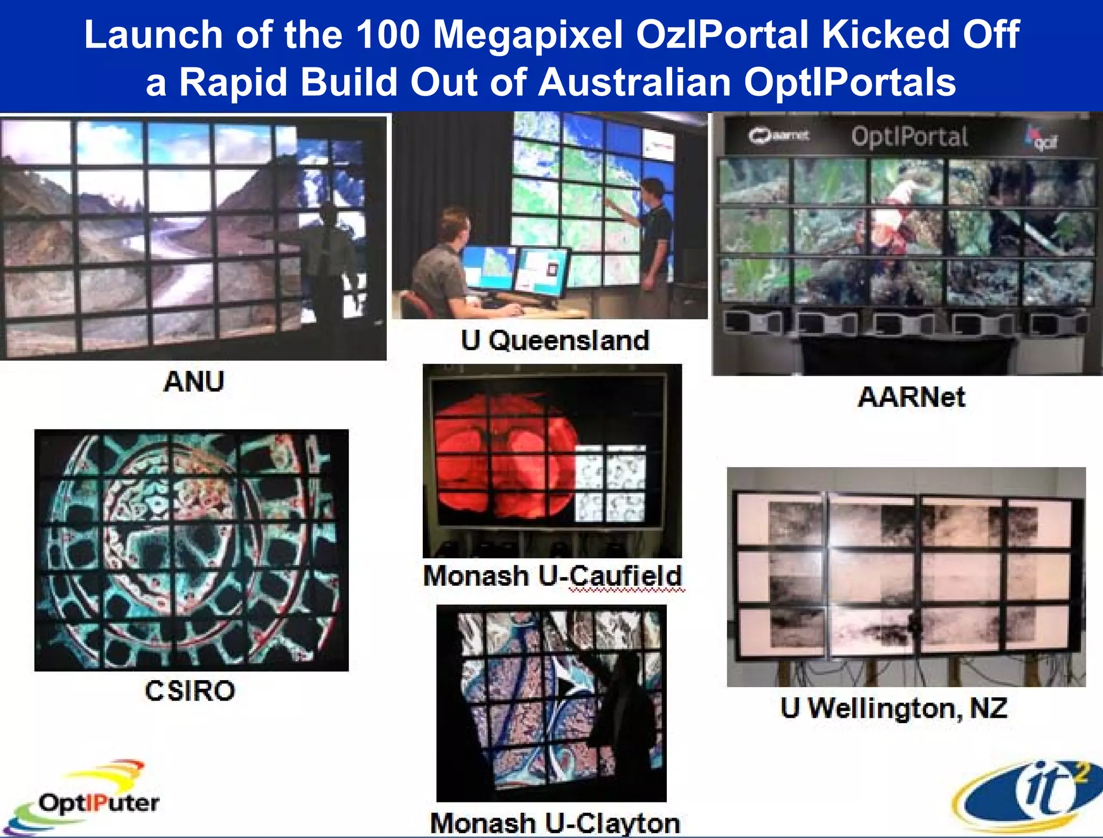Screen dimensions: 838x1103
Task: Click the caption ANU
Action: (x=193, y=382)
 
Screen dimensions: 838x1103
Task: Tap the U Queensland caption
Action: (x=555, y=341)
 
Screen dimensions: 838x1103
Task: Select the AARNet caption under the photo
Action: (x=911, y=397)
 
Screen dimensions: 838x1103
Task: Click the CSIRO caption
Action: (x=190, y=691)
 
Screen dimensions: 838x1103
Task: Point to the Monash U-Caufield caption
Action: (x=553, y=576)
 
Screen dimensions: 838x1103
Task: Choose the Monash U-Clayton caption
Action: (x=555, y=823)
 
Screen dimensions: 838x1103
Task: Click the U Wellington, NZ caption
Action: (x=894, y=708)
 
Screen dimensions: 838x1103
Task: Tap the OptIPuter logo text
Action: (x=99, y=803)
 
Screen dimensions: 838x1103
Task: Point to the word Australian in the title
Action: (x=634, y=82)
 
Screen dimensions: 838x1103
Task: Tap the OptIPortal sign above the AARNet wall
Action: (x=910, y=137)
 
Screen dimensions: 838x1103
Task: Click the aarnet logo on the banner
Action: (x=778, y=136)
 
